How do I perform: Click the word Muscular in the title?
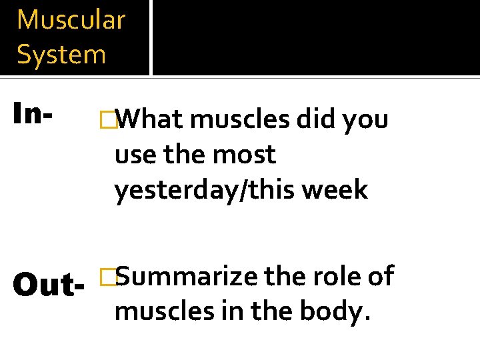click(71, 20)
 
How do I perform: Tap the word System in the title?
click(61, 55)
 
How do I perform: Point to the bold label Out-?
click(49, 285)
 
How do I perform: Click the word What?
click(151, 120)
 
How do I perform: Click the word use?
click(134, 155)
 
